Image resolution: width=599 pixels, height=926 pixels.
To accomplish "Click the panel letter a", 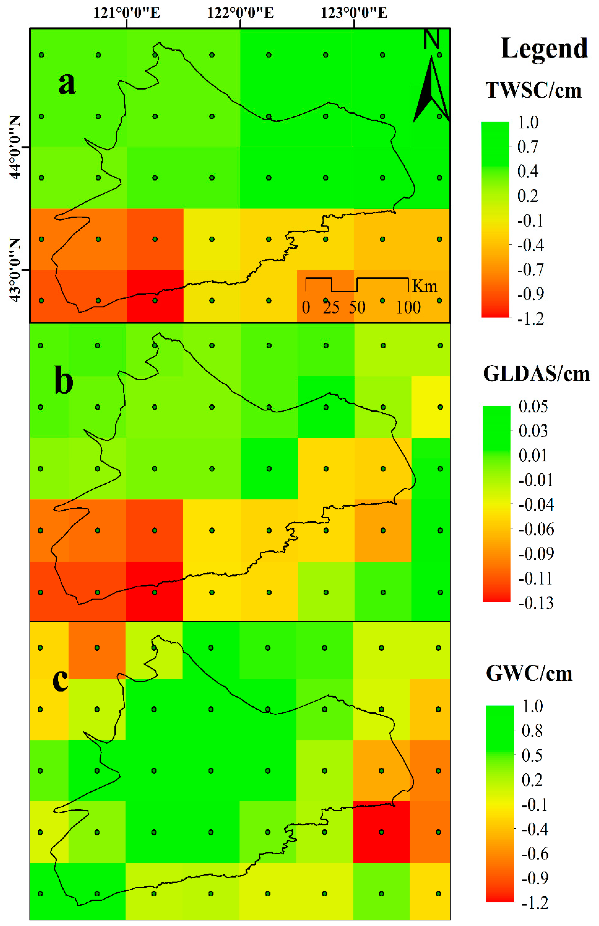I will pos(67,84).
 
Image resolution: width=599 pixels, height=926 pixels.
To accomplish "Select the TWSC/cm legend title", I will pos(533,91).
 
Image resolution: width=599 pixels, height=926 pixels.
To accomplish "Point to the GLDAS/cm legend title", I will pos(536,374).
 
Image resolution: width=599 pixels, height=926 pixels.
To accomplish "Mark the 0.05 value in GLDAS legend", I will pos(533,406).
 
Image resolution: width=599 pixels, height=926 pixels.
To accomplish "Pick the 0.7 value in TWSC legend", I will pos(528,147).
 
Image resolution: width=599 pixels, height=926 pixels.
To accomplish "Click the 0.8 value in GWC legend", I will pos(532,731).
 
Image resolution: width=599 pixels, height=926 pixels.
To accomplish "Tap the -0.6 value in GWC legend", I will pos(535,854).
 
